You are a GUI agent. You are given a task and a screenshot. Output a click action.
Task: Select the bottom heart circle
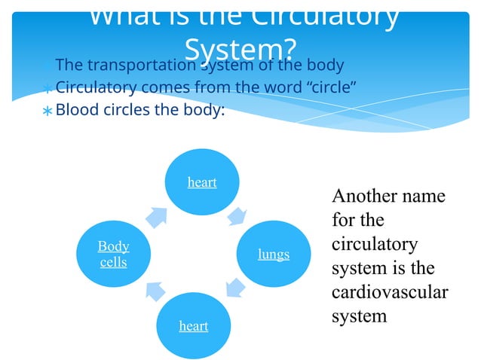coord(193,325)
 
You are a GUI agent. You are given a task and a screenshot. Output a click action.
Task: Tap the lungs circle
coord(274,254)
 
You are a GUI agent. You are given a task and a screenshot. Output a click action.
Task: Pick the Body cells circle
coord(114,254)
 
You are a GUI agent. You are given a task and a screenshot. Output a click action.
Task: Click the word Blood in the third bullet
coord(77,109)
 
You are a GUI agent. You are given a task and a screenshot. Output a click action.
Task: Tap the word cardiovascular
coord(390,291)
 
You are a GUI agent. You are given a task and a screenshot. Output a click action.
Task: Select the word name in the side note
coord(424,196)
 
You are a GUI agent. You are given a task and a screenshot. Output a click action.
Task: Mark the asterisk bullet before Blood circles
coord(47,111)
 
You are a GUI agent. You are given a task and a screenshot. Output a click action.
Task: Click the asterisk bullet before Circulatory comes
coord(47,88)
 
